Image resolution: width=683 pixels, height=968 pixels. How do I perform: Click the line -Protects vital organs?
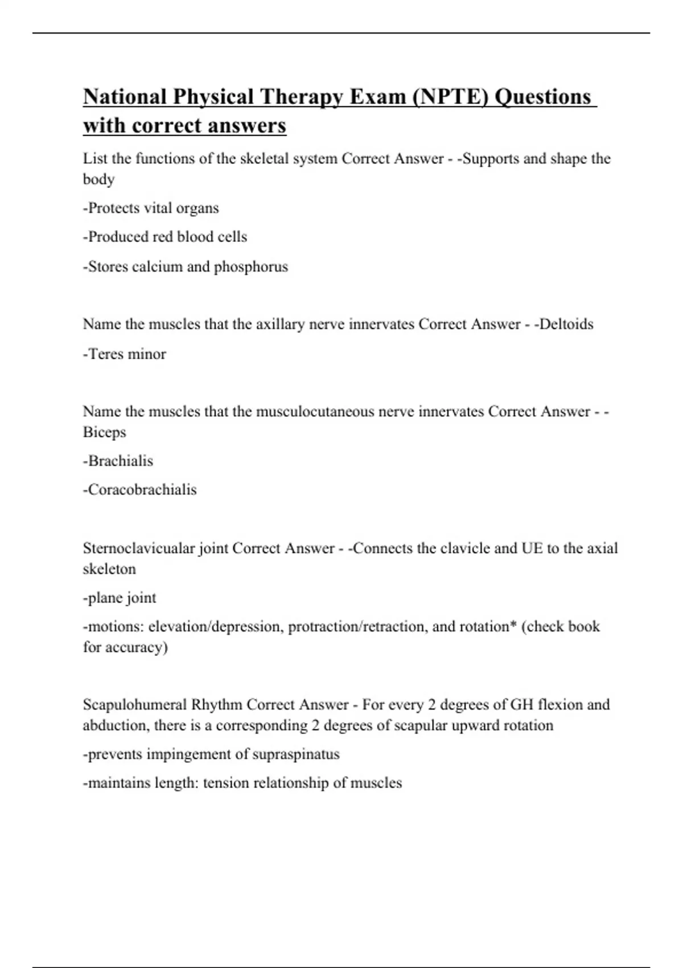coord(151,208)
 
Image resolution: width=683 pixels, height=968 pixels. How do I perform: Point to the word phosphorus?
coord(251,266)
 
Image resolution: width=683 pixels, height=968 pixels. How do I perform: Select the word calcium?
coord(157,266)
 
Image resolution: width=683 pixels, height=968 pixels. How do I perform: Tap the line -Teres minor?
coord(125,354)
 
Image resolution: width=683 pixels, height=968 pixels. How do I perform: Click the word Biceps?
coord(104,432)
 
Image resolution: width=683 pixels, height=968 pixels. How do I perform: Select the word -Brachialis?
coord(118,461)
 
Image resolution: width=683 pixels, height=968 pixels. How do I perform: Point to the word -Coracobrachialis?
coord(140,490)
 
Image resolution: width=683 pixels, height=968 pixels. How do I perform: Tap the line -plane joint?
coord(120,598)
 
